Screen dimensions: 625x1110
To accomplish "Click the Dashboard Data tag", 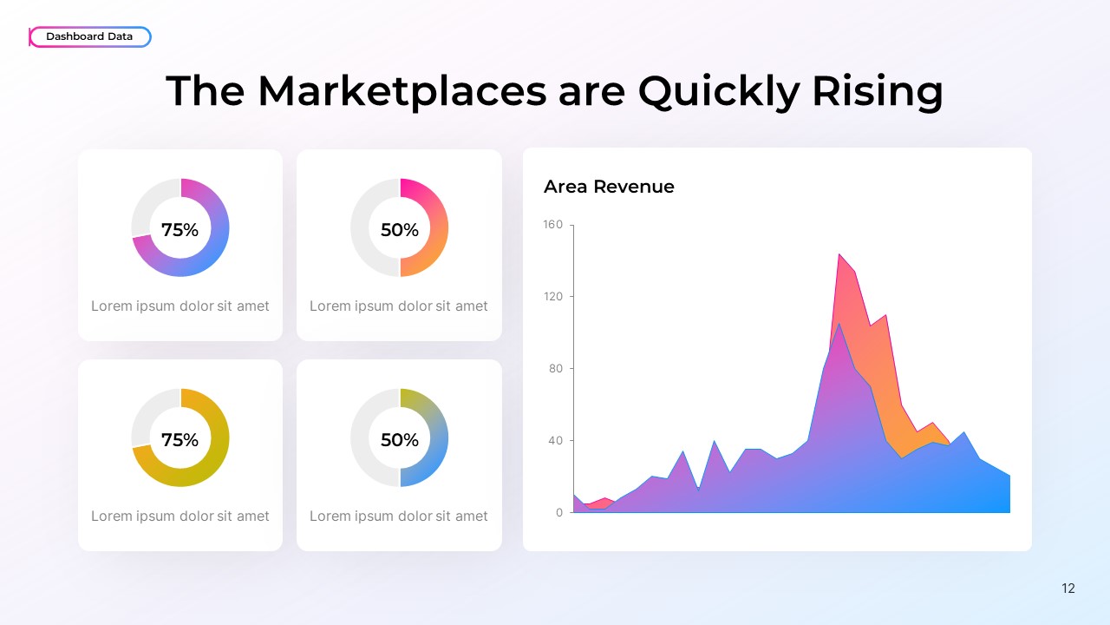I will click(x=89, y=36).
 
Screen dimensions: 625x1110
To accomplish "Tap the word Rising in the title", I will click(x=877, y=90).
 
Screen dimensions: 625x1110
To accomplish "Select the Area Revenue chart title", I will click(x=608, y=187).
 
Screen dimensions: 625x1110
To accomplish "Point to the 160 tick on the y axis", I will click(x=552, y=225).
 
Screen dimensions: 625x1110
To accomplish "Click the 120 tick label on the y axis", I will click(x=552, y=297).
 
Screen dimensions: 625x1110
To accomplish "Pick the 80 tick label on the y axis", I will click(x=555, y=369).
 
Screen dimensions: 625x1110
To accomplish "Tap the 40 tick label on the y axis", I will click(x=555, y=441).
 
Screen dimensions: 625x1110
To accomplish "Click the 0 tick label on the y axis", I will click(x=558, y=513).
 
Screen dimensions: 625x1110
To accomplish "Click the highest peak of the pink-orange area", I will click(x=839, y=254).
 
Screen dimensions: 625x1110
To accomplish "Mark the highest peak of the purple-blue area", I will click(x=839, y=324).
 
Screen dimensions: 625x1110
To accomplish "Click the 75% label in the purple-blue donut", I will click(x=180, y=230).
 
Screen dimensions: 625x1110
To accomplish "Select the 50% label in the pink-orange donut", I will click(x=399, y=230).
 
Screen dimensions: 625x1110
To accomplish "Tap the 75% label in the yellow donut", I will click(x=180, y=440).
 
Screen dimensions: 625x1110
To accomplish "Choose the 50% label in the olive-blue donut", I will click(x=399, y=440).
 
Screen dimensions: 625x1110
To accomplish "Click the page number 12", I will click(x=1068, y=589).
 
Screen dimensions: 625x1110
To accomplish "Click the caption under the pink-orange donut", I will click(x=399, y=306).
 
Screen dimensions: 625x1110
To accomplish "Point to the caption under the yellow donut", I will click(x=180, y=516).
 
